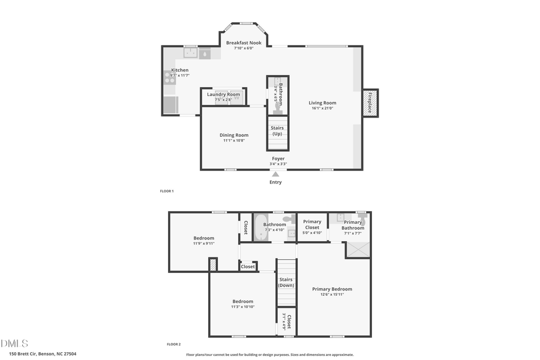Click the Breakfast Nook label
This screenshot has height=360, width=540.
pyautogui.click(x=243, y=43)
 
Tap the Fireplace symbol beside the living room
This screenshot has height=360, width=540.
pyautogui.click(x=369, y=103)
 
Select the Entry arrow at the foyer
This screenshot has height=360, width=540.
pyautogui.click(x=275, y=174)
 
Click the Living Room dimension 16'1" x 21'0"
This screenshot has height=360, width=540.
pyautogui.click(x=323, y=109)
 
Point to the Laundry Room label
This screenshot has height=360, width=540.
pyautogui.click(x=223, y=94)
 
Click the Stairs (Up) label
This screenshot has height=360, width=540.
pyautogui.click(x=277, y=131)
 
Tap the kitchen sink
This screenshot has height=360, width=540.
pyautogui.click(x=191, y=53)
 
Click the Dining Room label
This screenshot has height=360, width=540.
pyautogui.click(x=233, y=135)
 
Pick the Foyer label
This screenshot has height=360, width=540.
pyautogui.click(x=278, y=158)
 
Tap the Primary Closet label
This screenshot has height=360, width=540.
pyautogui.click(x=312, y=224)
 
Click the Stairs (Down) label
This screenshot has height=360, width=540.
pyautogui.click(x=286, y=282)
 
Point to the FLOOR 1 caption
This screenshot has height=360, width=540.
pyautogui.click(x=166, y=191)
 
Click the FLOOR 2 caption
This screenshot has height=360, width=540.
pyautogui.click(x=173, y=344)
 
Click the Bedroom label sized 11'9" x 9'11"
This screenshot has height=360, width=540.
pyautogui.click(x=203, y=238)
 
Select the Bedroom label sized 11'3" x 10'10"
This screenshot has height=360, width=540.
pyautogui.click(x=242, y=301)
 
